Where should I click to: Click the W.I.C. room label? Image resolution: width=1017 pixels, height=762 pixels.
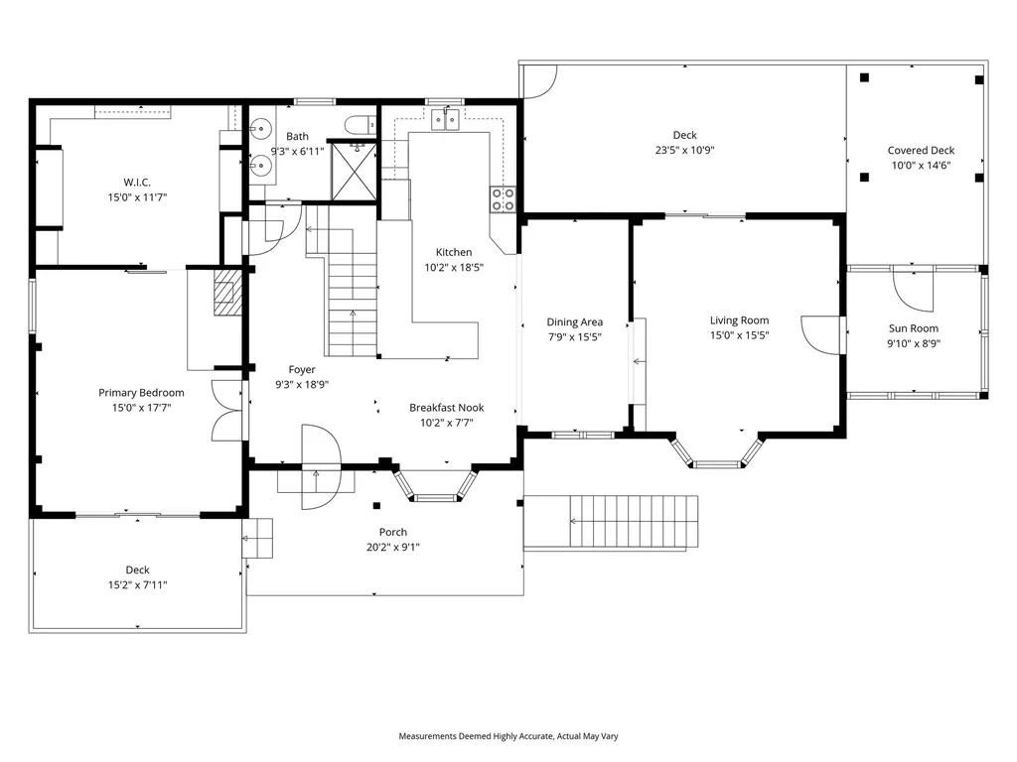[137, 182]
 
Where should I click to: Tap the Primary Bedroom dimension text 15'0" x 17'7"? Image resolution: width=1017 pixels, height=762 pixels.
[141, 408]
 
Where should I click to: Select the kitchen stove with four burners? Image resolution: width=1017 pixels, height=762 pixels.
[503, 199]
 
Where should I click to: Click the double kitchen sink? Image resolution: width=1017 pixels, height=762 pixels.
[445, 121]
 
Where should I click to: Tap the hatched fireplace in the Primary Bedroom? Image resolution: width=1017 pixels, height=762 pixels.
[227, 294]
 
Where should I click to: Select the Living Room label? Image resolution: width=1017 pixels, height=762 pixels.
[739, 320]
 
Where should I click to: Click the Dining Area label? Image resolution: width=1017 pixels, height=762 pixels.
[575, 321]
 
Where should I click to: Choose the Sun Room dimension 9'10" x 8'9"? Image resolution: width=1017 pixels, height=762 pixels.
[914, 344]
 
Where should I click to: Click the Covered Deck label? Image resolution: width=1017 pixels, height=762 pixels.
[921, 151]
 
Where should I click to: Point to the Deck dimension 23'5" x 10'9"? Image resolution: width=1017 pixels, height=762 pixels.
[684, 151]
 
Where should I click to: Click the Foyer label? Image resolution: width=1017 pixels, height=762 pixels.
[302, 369]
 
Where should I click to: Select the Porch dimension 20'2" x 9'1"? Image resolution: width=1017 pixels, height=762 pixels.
[393, 548]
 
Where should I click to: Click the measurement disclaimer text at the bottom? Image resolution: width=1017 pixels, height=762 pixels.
[508, 736]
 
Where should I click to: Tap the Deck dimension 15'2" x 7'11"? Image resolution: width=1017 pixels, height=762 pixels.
[137, 585]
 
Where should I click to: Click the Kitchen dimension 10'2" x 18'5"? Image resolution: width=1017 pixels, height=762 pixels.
[454, 267]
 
